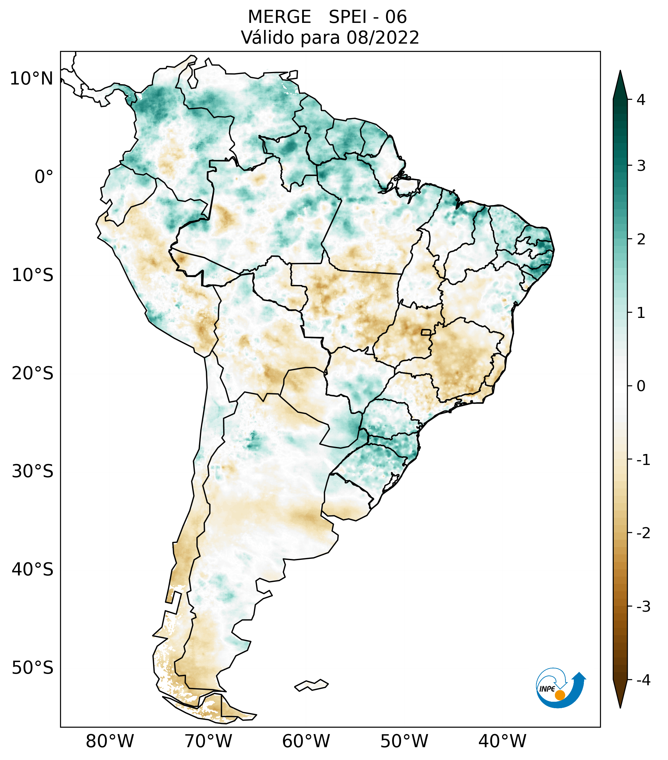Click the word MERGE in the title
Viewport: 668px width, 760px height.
click(x=279, y=17)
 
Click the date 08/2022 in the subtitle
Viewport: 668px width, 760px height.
click(x=383, y=38)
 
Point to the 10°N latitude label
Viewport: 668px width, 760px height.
click(x=32, y=79)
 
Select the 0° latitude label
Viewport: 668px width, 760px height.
click(x=44, y=177)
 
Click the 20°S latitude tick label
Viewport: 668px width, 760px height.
click(x=33, y=373)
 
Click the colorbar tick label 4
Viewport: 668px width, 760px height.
click(x=641, y=100)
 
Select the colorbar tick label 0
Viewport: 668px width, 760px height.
click(x=641, y=386)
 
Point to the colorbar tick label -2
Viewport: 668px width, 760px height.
click(x=643, y=533)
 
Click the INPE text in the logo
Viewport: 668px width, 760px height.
click(x=547, y=689)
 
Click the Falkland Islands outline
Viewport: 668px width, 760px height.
click(x=311, y=685)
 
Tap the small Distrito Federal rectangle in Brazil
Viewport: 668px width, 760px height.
click(x=427, y=332)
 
